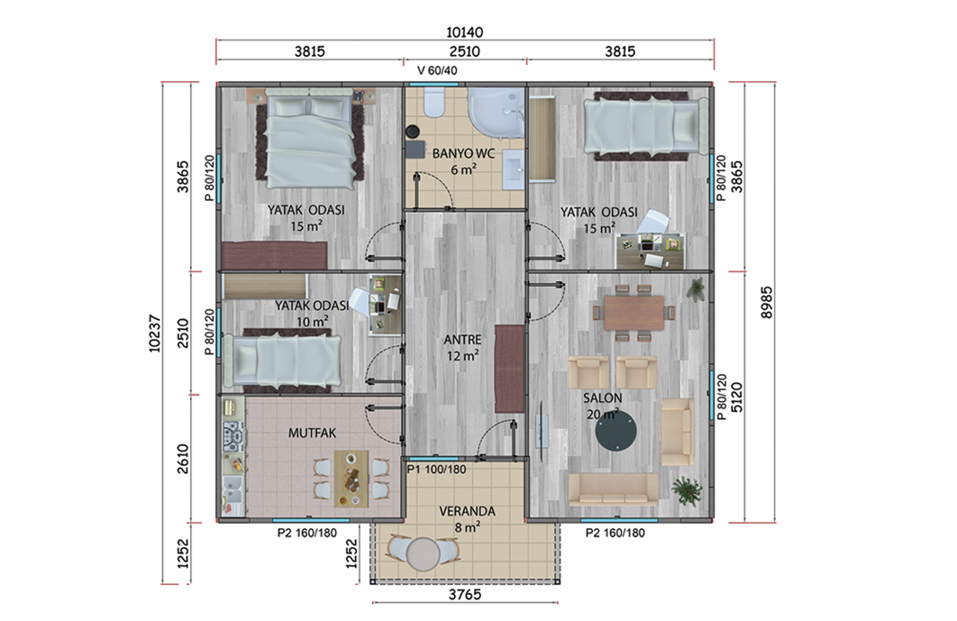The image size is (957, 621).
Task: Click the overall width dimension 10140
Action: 464,32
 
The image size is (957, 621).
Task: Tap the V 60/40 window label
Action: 437,70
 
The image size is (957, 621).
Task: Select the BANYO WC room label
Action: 463,153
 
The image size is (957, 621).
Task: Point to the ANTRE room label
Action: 462,340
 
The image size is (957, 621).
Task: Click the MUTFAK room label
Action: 312,433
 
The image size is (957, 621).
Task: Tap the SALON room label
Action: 602,398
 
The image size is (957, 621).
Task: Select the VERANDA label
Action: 467,511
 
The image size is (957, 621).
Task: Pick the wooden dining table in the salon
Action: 634,313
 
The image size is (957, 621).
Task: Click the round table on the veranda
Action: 423,554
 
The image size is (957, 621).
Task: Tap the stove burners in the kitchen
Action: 232,436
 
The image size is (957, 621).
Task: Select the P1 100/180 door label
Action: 436,470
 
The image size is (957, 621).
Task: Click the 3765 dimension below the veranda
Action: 465,594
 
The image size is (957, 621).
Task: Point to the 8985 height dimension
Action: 767,302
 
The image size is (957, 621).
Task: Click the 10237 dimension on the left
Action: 154,333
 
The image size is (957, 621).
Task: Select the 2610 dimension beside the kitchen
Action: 183,459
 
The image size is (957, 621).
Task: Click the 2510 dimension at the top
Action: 464,51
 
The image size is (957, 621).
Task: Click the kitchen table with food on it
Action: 351,479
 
